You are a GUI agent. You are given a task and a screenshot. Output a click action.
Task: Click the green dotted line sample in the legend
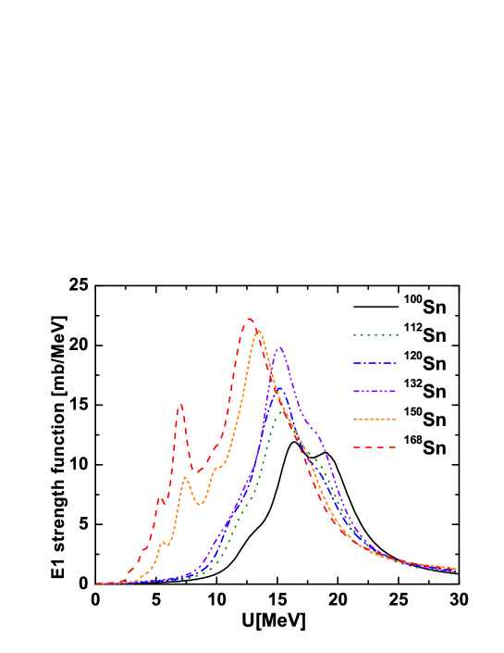[375, 334]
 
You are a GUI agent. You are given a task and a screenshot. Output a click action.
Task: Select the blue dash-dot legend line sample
[375, 363]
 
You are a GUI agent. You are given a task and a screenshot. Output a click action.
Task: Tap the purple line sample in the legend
[375, 391]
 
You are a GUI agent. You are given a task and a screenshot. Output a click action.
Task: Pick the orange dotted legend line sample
[375, 419]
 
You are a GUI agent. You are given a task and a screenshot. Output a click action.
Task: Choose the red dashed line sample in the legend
[375, 447]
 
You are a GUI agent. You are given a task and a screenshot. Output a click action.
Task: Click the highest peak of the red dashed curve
[250, 320]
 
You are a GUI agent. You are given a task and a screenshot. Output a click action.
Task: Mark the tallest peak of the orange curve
[258, 330]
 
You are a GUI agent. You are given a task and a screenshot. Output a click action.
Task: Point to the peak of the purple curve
[280, 347]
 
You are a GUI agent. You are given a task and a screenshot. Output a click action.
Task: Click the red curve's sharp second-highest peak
[180, 405]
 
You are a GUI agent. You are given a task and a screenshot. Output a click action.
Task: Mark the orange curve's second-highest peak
[186, 477]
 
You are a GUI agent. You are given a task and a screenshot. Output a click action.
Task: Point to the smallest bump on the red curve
[160, 499]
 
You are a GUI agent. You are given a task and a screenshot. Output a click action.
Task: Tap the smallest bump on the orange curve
[163, 542]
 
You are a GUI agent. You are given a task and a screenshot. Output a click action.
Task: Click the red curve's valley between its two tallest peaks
[194, 472]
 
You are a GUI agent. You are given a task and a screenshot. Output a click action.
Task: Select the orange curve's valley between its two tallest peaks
[200, 505]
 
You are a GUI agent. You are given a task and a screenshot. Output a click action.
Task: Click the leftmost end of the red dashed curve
[97, 584]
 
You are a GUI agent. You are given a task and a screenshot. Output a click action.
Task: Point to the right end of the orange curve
[456, 569]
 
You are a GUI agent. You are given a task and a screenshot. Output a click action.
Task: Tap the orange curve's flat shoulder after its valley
[219, 467]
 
